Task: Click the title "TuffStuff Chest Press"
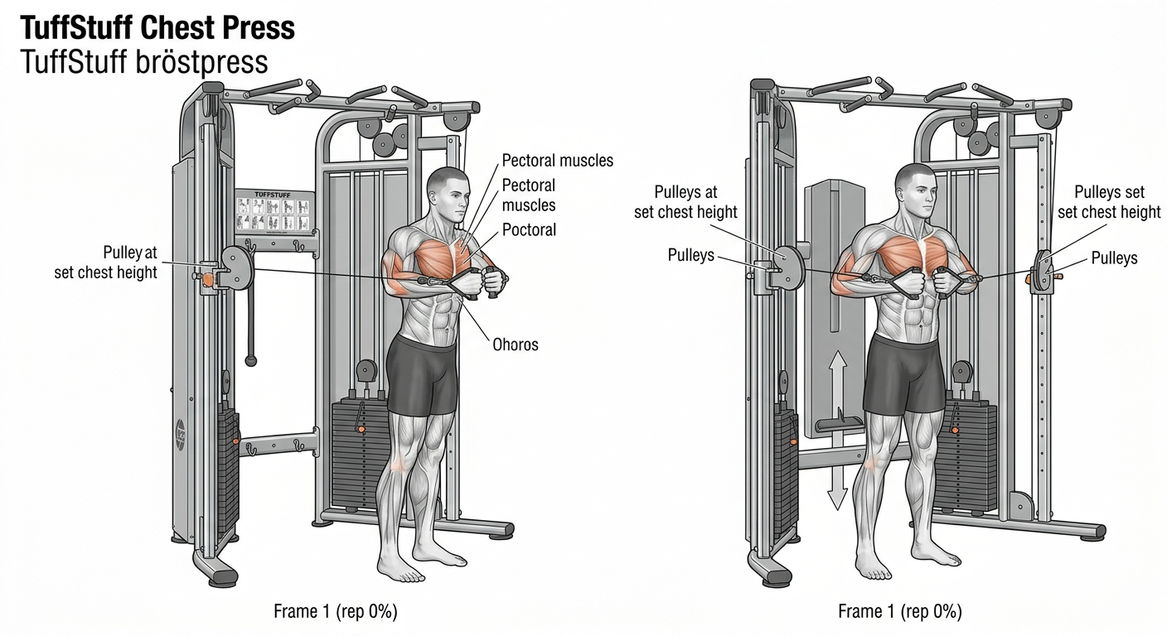[x=157, y=28]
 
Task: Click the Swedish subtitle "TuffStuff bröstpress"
[x=144, y=63]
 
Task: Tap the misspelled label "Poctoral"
[x=529, y=229]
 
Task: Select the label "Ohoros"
[x=516, y=344]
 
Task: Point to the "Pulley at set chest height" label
[x=106, y=263]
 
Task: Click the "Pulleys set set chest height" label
[x=1109, y=202]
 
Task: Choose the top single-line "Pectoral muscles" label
[x=558, y=161]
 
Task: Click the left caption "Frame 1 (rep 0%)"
[x=336, y=611]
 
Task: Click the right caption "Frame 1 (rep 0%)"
[x=900, y=611]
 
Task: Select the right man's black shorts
[x=905, y=374]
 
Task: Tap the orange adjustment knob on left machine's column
[x=209, y=279]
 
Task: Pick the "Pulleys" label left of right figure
[x=690, y=255]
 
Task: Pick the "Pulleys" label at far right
[x=1115, y=258]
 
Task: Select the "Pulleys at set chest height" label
[x=685, y=202]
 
